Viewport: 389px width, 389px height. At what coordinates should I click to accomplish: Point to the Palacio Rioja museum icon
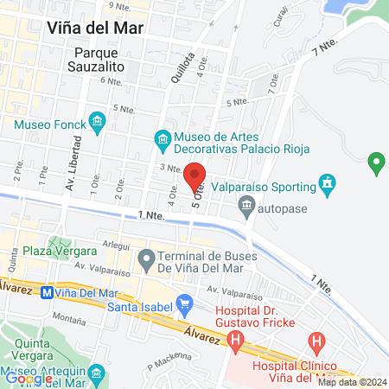click(161, 137)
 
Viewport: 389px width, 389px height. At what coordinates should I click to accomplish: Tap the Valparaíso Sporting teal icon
click(327, 182)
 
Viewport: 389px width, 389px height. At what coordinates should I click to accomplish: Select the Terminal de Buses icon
click(146, 258)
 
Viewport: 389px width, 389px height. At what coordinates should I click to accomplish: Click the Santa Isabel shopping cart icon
click(184, 303)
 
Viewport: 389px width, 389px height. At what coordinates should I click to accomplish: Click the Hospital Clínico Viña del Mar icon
click(318, 343)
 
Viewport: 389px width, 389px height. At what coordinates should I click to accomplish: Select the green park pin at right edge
click(375, 161)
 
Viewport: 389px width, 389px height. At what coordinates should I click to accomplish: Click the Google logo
click(29, 378)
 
